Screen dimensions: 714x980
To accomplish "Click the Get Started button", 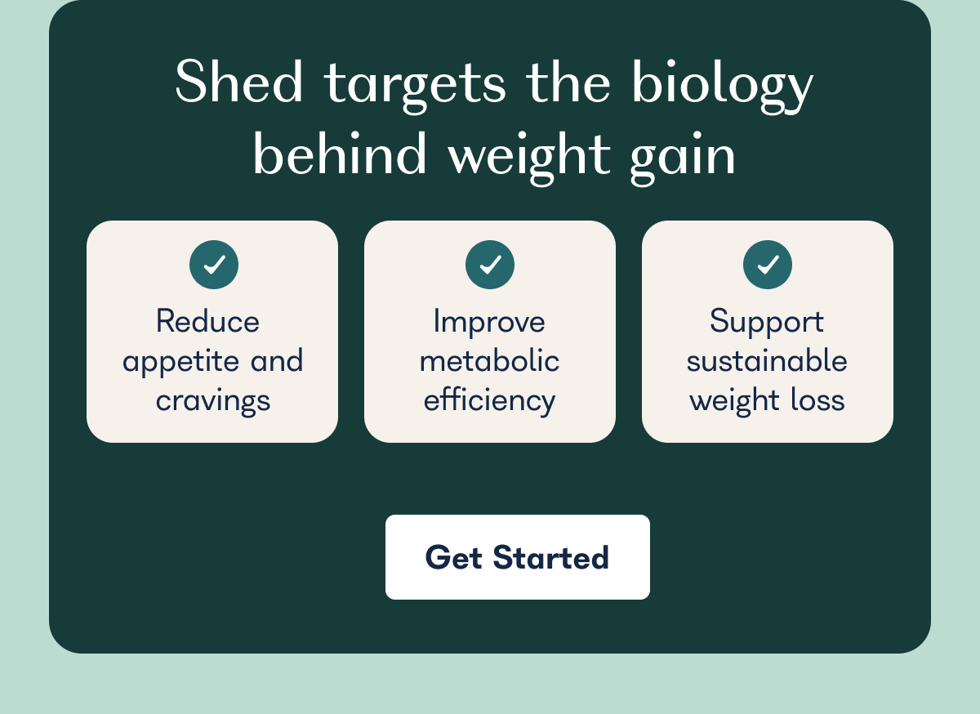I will (x=517, y=557).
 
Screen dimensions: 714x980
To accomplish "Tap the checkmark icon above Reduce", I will (x=214, y=265).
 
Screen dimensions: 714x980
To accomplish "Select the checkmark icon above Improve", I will (x=490, y=265).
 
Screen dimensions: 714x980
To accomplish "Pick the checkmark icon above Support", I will (x=768, y=265).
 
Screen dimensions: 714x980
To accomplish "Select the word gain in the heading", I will (x=683, y=155).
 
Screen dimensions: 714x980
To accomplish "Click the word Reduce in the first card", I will (x=207, y=321).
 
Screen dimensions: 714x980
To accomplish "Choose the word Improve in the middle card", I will (x=489, y=322).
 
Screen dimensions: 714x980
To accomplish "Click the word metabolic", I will (x=490, y=361).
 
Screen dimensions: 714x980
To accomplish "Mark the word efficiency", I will (x=490, y=401).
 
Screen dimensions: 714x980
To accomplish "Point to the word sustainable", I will (x=767, y=361).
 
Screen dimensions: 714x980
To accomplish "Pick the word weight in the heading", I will (x=529, y=155).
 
